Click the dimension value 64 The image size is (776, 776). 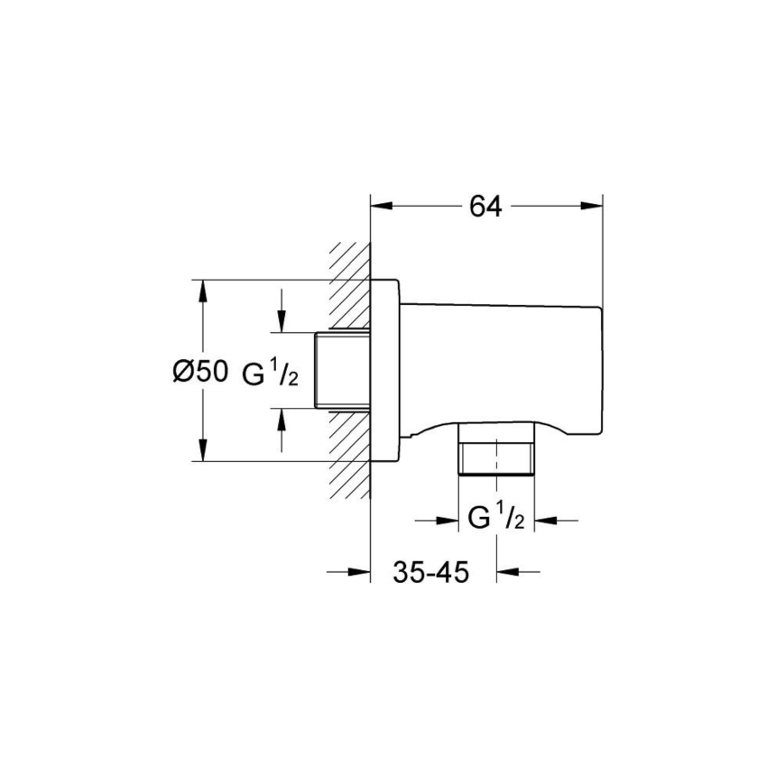pos(485,207)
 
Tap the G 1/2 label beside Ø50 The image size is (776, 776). pos(270,373)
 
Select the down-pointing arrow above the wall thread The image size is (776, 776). pos(282,320)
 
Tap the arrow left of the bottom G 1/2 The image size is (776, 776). pos(447,521)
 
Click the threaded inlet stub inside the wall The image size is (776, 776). pos(342,371)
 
